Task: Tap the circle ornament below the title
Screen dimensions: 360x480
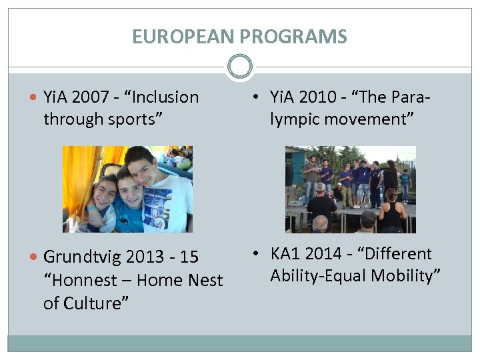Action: [x=240, y=67]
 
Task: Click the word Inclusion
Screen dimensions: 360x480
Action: [x=166, y=97]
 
